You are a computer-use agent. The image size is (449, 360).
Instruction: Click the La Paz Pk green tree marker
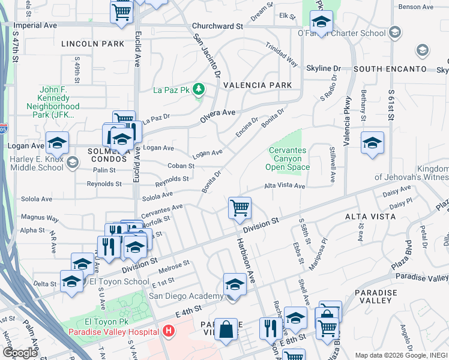pyautogui.click(x=199, y=91)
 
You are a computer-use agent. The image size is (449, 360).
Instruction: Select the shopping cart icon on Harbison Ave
pyautogui.click(x=240, y=208)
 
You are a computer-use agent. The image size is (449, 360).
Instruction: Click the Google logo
pyautogui.click(x=19, y=353)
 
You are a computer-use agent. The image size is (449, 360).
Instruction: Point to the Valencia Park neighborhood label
pyautogui.click(x=258, y=85)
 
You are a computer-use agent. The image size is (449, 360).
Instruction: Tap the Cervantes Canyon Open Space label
pyautogui.click(x=289, y=159)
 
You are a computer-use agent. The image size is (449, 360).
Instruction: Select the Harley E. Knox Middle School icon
pyautogui.click(x=72, y=163)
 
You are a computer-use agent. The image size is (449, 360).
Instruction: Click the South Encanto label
pyautogui.click(x=390, y=70)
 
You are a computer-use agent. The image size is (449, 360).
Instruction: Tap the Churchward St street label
pyautogui.click(x=217, y=26)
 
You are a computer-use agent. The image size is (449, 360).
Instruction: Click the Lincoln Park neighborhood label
pyautogui.click(x=87, y=44)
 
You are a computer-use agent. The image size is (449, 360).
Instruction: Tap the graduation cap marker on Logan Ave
pyautogui.click(x=58, y=143)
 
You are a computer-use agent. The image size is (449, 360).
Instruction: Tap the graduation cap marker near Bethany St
pyautogui.click(x=372, y=143)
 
